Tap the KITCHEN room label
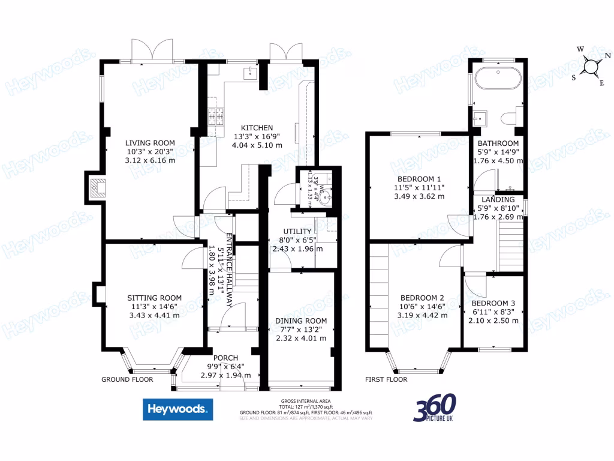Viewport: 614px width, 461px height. pos(257,128)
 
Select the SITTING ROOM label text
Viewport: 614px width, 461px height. pos(154,298)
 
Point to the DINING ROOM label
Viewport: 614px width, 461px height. pos(301,321)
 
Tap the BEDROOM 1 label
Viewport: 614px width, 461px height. pos(419,179)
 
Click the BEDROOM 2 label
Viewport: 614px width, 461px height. pos(422,298)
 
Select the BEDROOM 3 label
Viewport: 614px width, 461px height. pos(493,303)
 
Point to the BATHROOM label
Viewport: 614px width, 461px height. pos(498,143)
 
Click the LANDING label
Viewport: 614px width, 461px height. pos(496,200)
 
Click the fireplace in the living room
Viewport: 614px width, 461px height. pos(95,188)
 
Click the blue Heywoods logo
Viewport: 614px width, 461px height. pos(177,409)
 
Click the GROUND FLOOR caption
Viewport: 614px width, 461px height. pos(127,379)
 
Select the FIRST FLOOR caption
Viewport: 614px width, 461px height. pos(386,379)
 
